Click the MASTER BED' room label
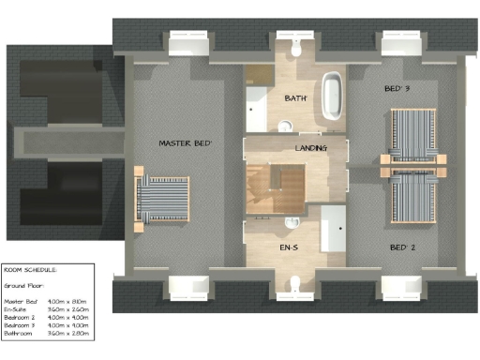pos(185,143)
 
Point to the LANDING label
pos(310,149)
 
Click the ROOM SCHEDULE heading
pos(30,268)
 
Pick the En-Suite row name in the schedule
pos(19,308)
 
